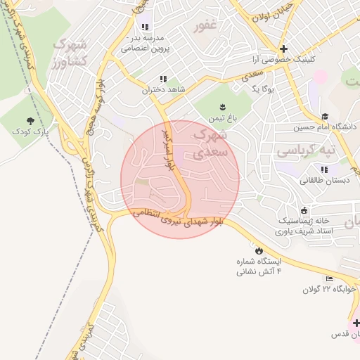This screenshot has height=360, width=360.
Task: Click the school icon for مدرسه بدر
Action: [145, 27]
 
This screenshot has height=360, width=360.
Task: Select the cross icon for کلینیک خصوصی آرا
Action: [283, 49]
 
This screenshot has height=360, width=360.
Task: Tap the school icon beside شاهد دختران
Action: [164, 79]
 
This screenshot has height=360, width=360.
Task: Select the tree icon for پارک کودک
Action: [30, 121]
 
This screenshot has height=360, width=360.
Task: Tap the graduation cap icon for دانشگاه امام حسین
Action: [324, 116]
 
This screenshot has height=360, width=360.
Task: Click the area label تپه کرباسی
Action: [305, 150]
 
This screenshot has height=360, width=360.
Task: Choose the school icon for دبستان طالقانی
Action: [324, 169]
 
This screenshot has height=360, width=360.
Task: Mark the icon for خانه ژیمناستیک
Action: [304, 210]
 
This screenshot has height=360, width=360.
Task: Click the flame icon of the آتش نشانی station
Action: [259, 250]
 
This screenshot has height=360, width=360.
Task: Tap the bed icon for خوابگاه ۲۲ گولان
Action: [328, 279]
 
